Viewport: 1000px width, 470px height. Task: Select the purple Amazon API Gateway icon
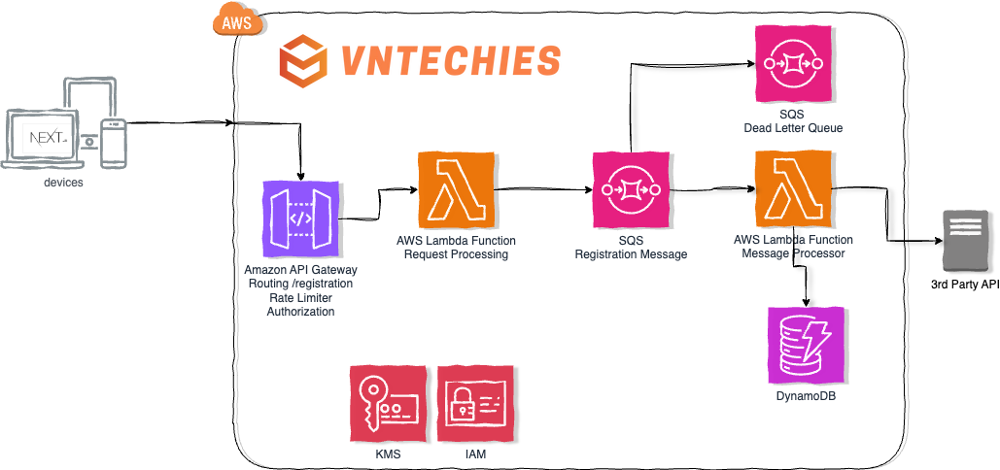pyautogui.click(x=300, y=222)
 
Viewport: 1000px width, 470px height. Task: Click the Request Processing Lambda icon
pyautogui.click(x=456, y=189)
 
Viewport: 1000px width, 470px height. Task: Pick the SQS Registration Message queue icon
pyautogui.click(x=631, y=189)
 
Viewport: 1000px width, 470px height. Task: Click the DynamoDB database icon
pyautogui.click(x=806, y=345)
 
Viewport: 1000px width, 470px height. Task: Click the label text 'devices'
pyautogui.click(x=63, y=182)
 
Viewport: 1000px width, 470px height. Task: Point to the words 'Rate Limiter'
pyautogui.click(x=300, y=298)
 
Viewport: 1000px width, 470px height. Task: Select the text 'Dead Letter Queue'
pyautogui.click(x=793, y=128)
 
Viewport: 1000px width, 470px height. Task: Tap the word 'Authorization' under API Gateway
pyautogui.click(x=300, y=312)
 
